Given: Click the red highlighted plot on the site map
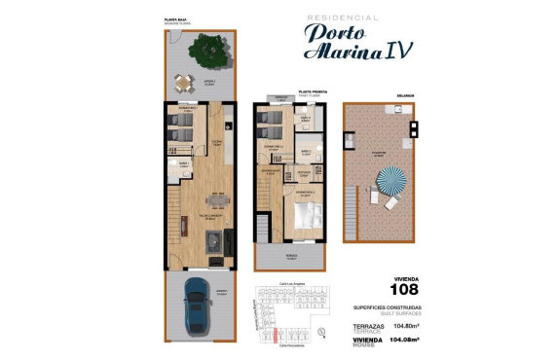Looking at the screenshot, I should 276,337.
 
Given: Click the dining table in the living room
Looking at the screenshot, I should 216,200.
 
